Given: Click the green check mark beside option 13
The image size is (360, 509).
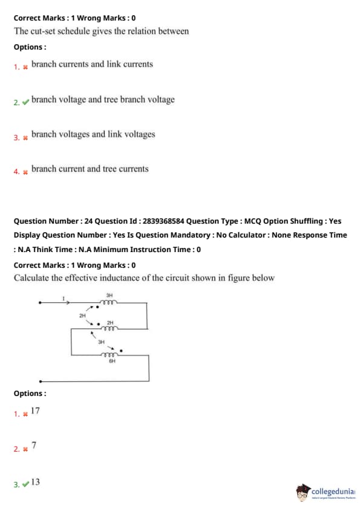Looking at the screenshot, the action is [x=25, y=484].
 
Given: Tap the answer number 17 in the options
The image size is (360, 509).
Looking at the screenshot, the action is [x=35, y=411].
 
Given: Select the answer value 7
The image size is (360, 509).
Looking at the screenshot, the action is [x=34, y=446].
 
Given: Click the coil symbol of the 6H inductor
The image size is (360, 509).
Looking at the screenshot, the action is [x=109, y=354].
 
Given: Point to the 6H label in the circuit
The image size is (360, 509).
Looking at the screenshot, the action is [x=112, y=361].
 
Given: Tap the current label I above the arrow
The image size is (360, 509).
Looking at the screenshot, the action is [x=64, y=298].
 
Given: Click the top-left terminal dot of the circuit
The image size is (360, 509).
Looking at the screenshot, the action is [x=40, y=302].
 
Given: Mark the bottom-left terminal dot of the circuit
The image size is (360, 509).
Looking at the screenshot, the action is [x=41, y=381].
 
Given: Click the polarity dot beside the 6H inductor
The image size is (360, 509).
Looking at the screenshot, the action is [x=121, y=351].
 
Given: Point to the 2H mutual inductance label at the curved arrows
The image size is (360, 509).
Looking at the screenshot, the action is [x=82, y=316].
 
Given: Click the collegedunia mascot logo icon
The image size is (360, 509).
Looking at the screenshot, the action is [x=303, y=492].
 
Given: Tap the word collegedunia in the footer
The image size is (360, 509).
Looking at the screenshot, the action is [x=333, y=491].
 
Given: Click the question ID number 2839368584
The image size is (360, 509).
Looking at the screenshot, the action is [x=163, y=221].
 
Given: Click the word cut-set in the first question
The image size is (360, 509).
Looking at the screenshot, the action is [x=42, y=31].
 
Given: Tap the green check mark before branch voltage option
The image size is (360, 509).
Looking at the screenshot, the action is [x=25, y=102].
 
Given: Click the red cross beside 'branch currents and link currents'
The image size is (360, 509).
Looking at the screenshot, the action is [x=25, y=67].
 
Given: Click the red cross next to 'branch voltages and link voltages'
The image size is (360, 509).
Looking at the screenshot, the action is [x=25, y=138].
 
